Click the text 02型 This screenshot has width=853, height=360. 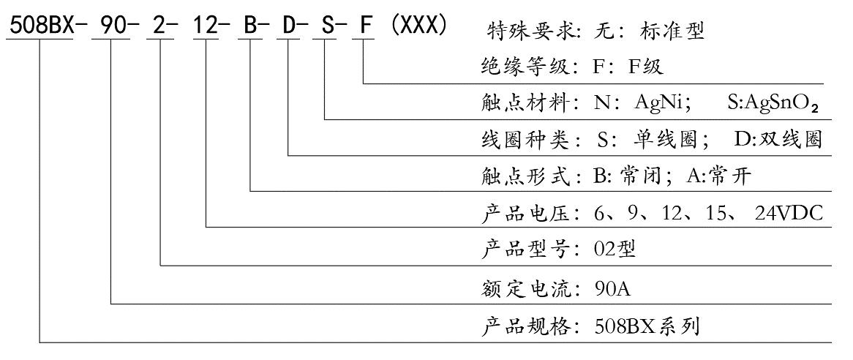tap(616, 249)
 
